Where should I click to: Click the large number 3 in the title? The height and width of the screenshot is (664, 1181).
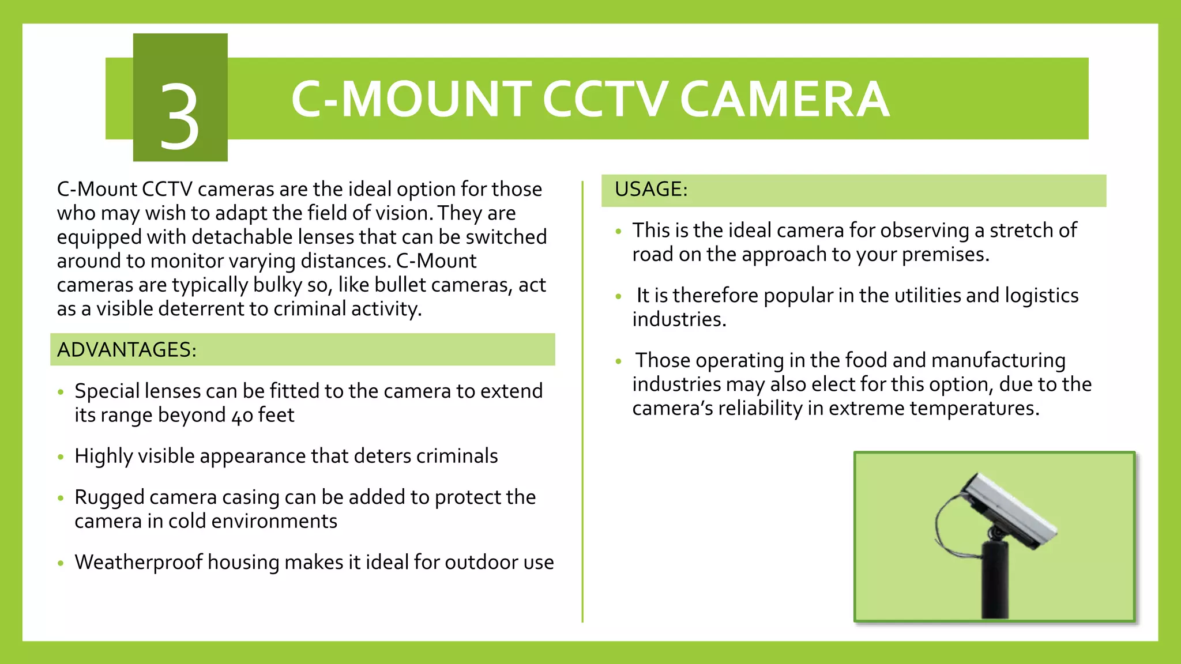tap(179, 115)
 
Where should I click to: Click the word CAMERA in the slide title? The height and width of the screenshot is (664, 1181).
tap(784, 99)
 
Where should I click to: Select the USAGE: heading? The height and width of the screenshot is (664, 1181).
tap(651, 189)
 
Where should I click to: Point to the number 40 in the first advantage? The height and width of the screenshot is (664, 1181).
tap(242, 416)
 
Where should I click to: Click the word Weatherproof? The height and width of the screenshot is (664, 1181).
tap(138, 562)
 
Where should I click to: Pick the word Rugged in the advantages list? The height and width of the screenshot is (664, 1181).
tap(109, 497)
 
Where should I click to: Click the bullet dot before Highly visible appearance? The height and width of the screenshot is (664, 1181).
tap(61, 458)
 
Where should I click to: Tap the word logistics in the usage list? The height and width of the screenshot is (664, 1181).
tap(1041, 296)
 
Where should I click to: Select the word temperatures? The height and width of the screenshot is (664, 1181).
tap(974, 408)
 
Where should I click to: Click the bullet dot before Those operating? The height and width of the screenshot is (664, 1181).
tap(619, 362)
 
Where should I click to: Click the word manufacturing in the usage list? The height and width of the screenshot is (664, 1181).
tap(998, 360)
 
